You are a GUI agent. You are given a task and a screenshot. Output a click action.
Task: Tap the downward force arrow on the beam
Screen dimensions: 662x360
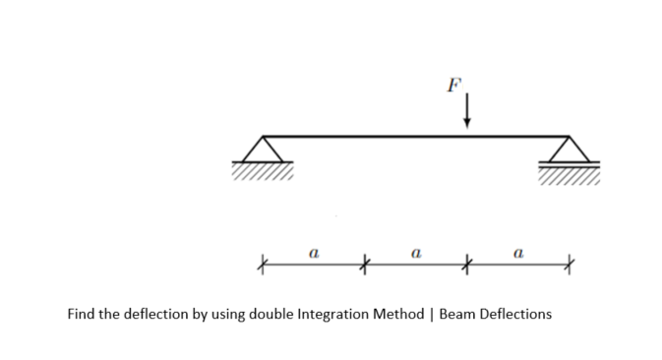point(467,110)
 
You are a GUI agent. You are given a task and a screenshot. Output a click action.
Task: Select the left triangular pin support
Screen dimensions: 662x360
point(263,150)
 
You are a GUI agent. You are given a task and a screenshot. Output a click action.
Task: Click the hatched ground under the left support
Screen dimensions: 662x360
point(263,172)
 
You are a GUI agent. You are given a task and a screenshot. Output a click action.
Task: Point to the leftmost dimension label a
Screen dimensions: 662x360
point(312,253)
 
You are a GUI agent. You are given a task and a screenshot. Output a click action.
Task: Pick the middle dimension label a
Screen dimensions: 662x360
point(416,253)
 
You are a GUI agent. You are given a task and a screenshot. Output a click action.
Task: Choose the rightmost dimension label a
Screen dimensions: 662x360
point(518,253)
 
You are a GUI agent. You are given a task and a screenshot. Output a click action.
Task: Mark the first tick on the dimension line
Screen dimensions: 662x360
point(262,265)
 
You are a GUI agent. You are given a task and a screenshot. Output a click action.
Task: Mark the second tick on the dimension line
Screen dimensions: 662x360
point(365,265)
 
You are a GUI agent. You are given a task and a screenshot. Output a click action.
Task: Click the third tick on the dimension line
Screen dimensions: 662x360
point(467,265)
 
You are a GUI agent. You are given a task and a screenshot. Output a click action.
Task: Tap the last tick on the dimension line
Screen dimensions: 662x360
point(570,265)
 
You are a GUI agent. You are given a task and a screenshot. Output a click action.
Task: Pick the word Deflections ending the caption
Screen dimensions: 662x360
point(516,316)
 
